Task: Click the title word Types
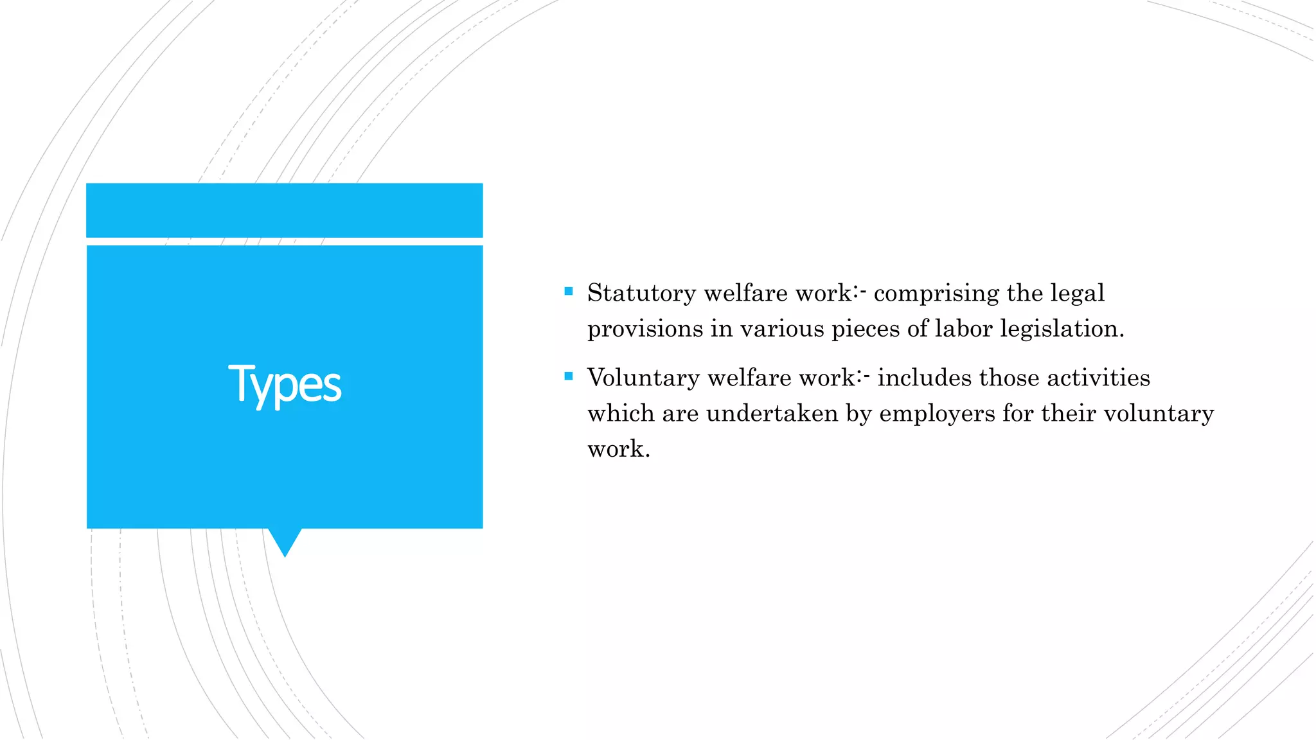coord(285,385)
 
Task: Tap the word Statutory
coord(641,293)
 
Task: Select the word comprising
coord(936,294)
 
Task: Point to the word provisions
coord(645,329)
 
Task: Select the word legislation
coord(1062,329)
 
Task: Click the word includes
coord(924,378)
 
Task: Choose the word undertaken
coord(772,413)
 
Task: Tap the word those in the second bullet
coord(1009,378)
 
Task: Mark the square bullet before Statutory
coord(568,292)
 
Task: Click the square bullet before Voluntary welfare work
coord(568,376)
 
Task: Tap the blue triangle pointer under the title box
coord(285,541)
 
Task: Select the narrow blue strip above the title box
coord(285,210)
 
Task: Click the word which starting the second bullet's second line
coord(621,413)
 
